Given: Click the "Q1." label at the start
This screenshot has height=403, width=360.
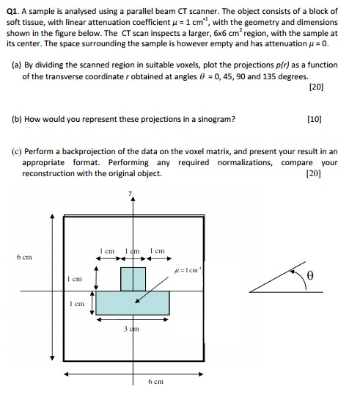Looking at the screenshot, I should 12,12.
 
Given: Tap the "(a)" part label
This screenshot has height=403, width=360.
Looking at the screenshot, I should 17,65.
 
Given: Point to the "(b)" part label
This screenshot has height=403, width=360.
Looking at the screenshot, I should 17,118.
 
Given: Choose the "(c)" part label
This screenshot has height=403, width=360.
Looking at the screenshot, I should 17,151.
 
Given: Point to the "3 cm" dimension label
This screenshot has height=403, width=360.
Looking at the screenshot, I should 133,329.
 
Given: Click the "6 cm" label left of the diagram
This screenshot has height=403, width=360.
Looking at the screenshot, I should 24,258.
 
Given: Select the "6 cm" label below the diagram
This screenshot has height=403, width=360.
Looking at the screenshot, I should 155,382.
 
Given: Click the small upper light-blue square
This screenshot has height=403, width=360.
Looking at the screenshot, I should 133,279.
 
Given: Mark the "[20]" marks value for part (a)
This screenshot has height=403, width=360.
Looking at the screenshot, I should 316,87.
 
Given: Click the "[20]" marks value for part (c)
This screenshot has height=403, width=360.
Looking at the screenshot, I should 316,174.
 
